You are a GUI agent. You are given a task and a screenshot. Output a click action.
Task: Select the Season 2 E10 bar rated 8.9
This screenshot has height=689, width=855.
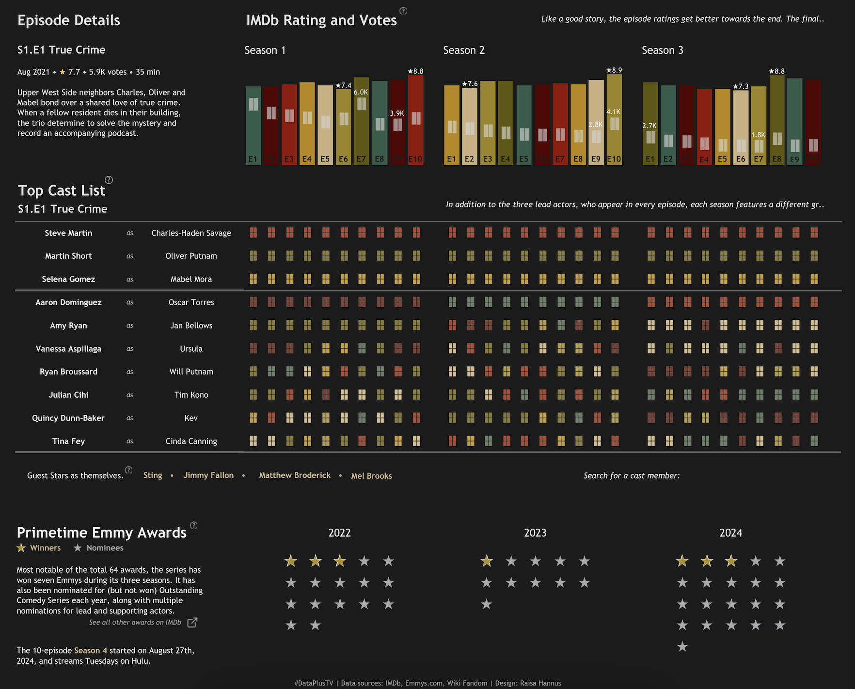point(614,119)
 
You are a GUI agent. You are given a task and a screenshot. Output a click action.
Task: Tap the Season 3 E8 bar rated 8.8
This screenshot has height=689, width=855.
point(776,119)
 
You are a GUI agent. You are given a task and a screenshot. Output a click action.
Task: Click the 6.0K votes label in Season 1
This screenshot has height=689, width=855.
point(361,92)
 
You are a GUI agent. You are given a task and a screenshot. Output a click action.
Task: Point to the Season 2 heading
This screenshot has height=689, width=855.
point(463,50)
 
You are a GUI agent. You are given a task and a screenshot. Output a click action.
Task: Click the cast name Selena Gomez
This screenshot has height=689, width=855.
point(68,279)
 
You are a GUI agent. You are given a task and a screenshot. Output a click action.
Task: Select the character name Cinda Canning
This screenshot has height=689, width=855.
point(191,441)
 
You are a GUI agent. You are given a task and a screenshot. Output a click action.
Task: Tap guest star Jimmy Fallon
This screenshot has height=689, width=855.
point(208,475)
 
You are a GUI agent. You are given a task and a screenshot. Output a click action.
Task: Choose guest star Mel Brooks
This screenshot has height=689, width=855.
point(371,476)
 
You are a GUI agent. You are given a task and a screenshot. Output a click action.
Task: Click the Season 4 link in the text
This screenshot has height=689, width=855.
point(90,651)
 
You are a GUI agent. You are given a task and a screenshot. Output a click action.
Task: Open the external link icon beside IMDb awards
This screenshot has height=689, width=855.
point(192,623)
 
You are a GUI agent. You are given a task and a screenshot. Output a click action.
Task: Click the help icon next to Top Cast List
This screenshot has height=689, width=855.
point(109,180)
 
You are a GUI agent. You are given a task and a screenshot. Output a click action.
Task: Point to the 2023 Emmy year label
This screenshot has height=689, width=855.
point(535,533)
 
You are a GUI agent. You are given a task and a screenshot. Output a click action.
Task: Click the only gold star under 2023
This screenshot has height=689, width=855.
point(486,561)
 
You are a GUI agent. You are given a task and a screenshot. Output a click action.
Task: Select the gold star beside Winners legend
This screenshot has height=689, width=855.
point(21,548)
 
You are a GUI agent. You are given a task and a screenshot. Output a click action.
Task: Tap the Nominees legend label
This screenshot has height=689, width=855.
point(105,548)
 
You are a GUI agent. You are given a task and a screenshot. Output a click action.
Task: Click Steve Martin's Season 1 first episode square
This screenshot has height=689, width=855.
point(253,233)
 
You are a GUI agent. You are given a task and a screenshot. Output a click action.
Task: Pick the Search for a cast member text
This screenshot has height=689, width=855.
point(631,476)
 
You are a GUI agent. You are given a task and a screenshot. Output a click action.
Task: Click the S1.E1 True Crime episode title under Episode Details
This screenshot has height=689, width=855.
point(61,50)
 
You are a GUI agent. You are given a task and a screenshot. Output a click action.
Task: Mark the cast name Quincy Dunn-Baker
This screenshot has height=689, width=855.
point(68,418)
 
